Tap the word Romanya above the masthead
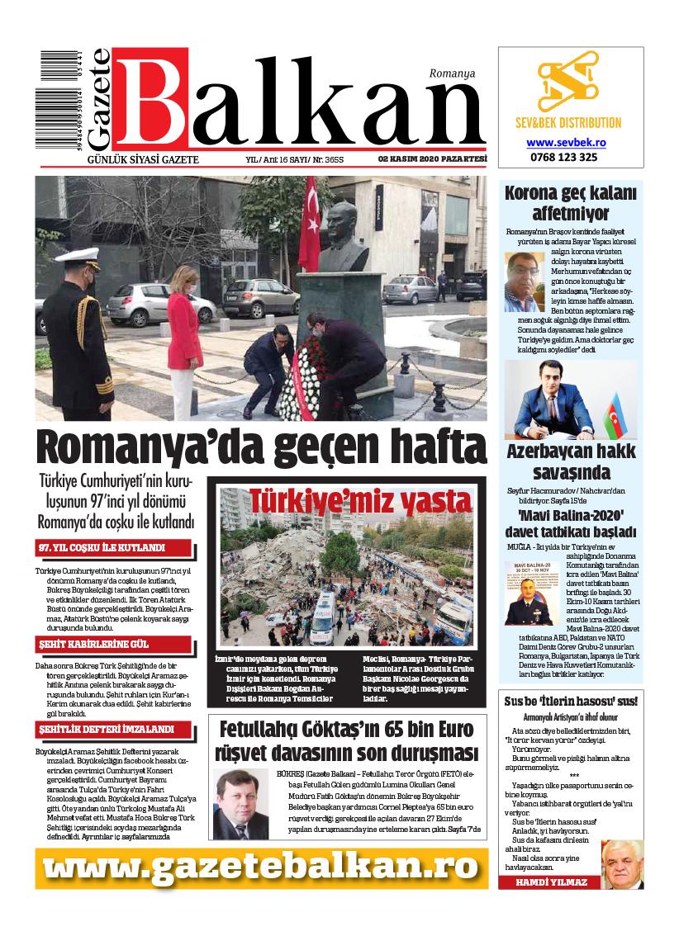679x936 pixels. click(452, 73)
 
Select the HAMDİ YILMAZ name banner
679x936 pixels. click(551, 882)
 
